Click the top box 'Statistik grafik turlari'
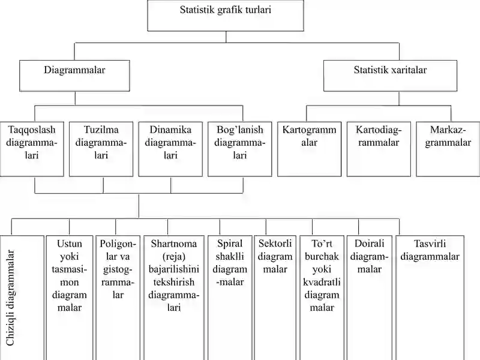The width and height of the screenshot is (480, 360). tap(226, 16)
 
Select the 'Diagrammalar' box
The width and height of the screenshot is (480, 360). tap(74, 76)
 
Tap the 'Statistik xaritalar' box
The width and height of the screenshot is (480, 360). tap(391, 76)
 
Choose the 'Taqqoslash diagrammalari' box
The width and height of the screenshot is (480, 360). tap(32, 149)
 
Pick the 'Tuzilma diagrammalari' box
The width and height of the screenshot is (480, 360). tap(101, 149)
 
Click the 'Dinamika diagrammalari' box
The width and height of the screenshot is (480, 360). tap(170, 149)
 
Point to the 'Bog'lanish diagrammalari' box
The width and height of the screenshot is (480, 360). tap(239, 149)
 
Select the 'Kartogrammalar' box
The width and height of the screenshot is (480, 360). tap(309, 149)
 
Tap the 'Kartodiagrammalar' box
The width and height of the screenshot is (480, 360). tap(379, 149)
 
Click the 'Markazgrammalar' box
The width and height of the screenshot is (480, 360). tap(448, 149)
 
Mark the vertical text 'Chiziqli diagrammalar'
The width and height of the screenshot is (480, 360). tap(10, 298)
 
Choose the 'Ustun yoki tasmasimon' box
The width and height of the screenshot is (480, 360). tap(70, 298)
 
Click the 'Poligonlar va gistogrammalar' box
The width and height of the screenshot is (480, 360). tap(118, 298)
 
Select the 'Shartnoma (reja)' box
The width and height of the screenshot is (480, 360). tap(174, 298)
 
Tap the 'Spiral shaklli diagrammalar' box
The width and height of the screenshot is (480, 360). tap(230, 298)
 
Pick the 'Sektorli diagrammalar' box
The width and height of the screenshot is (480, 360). tap(275, 298)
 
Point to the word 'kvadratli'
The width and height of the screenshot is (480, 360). tap(322, 282)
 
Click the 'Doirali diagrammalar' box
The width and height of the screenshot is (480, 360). tap(370, 298)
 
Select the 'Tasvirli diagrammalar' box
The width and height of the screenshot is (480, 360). tap(430, 298)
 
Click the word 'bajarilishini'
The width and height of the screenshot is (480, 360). tap(174, 269)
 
